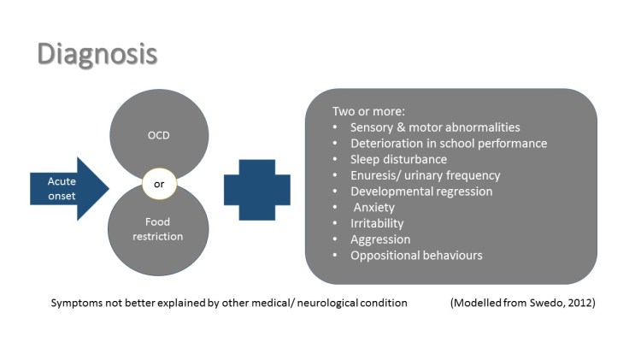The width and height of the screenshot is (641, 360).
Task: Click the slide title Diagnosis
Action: click(x=97, y=53)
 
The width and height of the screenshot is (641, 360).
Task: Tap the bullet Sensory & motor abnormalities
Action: click(x=435, y=127)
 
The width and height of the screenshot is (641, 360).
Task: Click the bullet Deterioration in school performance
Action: click(x=449, y=143)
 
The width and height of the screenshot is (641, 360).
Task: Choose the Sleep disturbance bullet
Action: click(x=398, y=159)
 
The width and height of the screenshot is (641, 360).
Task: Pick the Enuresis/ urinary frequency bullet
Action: click(x=425, y=175)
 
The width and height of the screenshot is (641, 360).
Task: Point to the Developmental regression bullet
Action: click(x=421, y=191)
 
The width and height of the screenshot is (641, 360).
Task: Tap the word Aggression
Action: click(x=380, y=239)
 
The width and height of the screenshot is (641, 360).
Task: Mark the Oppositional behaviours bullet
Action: click(x=416, y=255)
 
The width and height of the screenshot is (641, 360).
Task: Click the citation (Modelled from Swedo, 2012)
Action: click(x=522, y=303)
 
